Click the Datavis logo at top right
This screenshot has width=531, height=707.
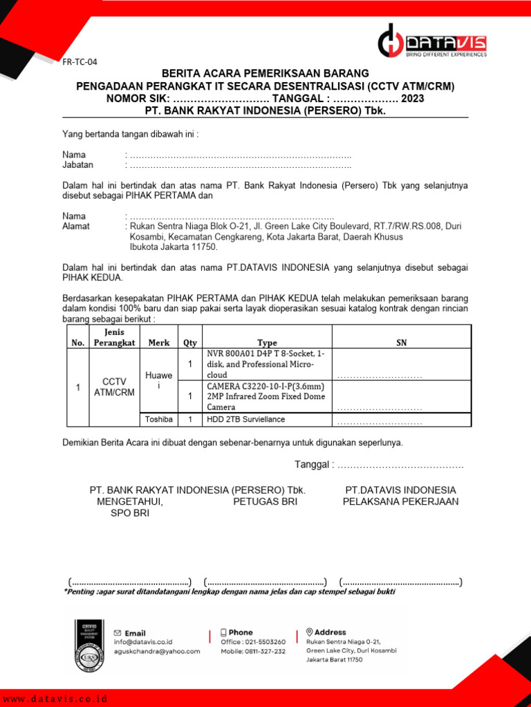[432, 43]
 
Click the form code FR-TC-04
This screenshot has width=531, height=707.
[80, 62]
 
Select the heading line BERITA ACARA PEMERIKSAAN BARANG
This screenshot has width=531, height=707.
[265, 73]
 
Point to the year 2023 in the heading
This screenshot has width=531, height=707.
[413, 98]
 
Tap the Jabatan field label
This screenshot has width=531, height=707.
[78, 165]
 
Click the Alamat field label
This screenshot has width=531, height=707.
[76, 226]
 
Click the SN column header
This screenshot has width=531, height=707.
[402, 342]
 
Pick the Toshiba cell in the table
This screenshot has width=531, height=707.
[159, 419]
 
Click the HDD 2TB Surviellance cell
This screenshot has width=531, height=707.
[245, 419]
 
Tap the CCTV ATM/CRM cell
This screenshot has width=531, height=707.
[114, 387]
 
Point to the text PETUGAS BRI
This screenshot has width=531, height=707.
[265, 502]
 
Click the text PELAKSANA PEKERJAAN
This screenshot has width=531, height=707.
[400, 502]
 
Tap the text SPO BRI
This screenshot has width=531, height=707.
[130, 514]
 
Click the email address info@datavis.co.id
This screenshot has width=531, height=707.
[143, 642]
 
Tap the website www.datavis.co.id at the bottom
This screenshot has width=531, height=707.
[55, 699]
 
